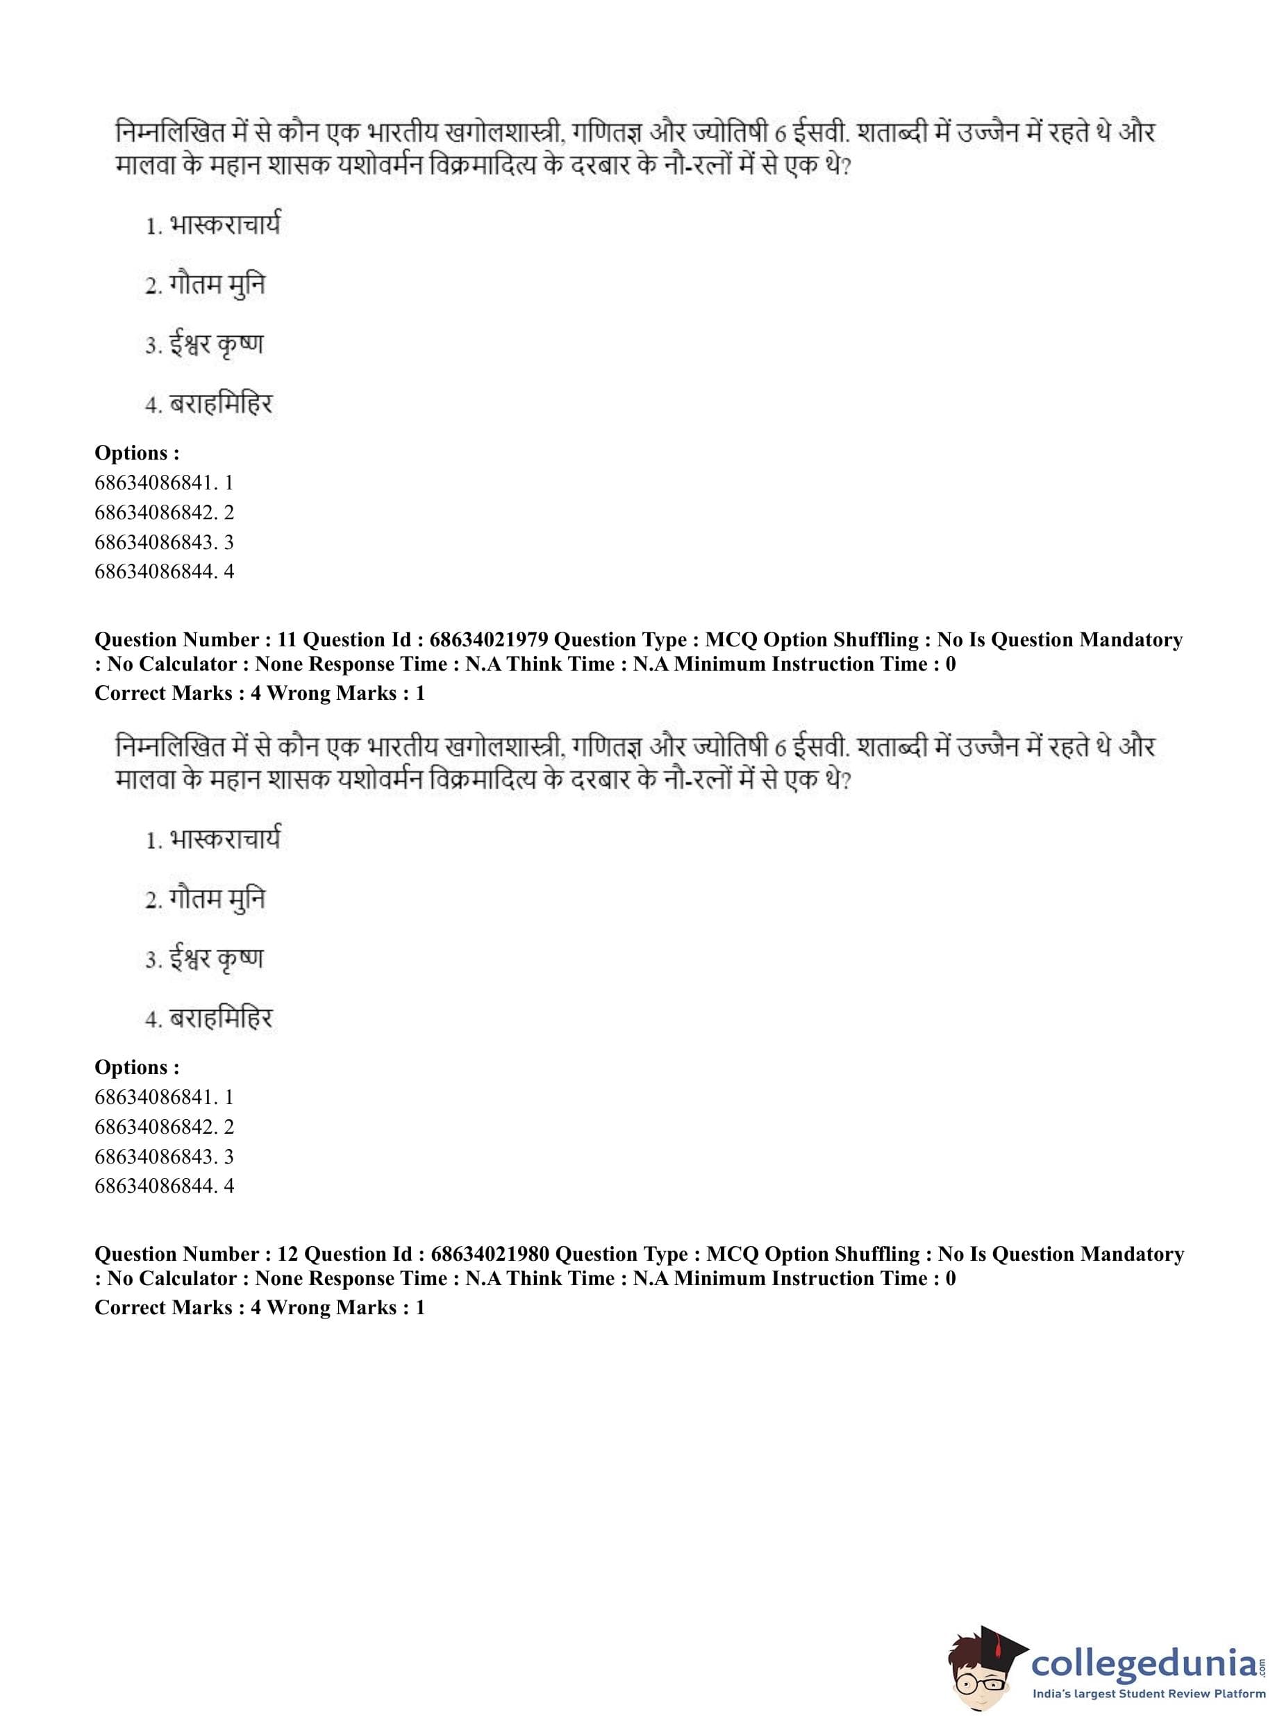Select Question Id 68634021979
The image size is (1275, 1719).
tap(489, 639)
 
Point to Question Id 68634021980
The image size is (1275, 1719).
tap(490, 1254)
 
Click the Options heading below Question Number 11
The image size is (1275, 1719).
tap(137, 1067)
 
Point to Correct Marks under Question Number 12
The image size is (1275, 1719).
tap(163, 1307)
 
